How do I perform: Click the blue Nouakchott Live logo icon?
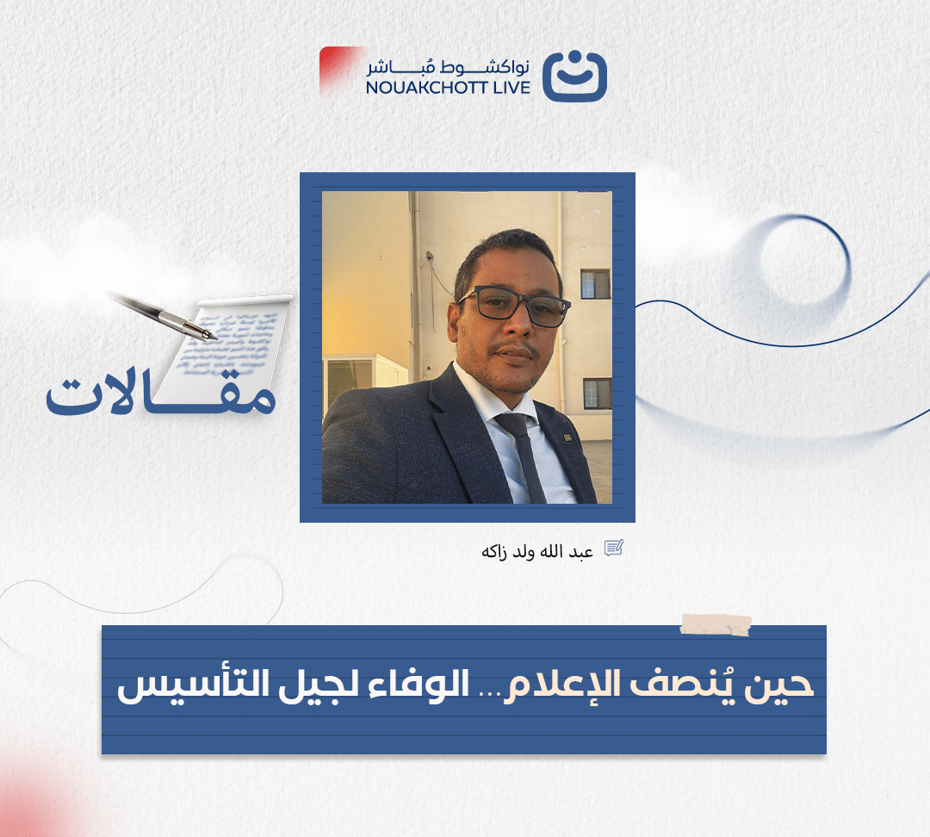coord(574,76)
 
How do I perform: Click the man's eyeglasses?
coord(516,306)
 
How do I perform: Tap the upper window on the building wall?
coord(595,284)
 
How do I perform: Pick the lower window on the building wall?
coord(597,393)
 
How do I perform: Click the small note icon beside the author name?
coord(613,549)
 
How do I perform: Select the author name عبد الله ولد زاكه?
coord(537,550)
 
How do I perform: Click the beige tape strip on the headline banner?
coord(716,624)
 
